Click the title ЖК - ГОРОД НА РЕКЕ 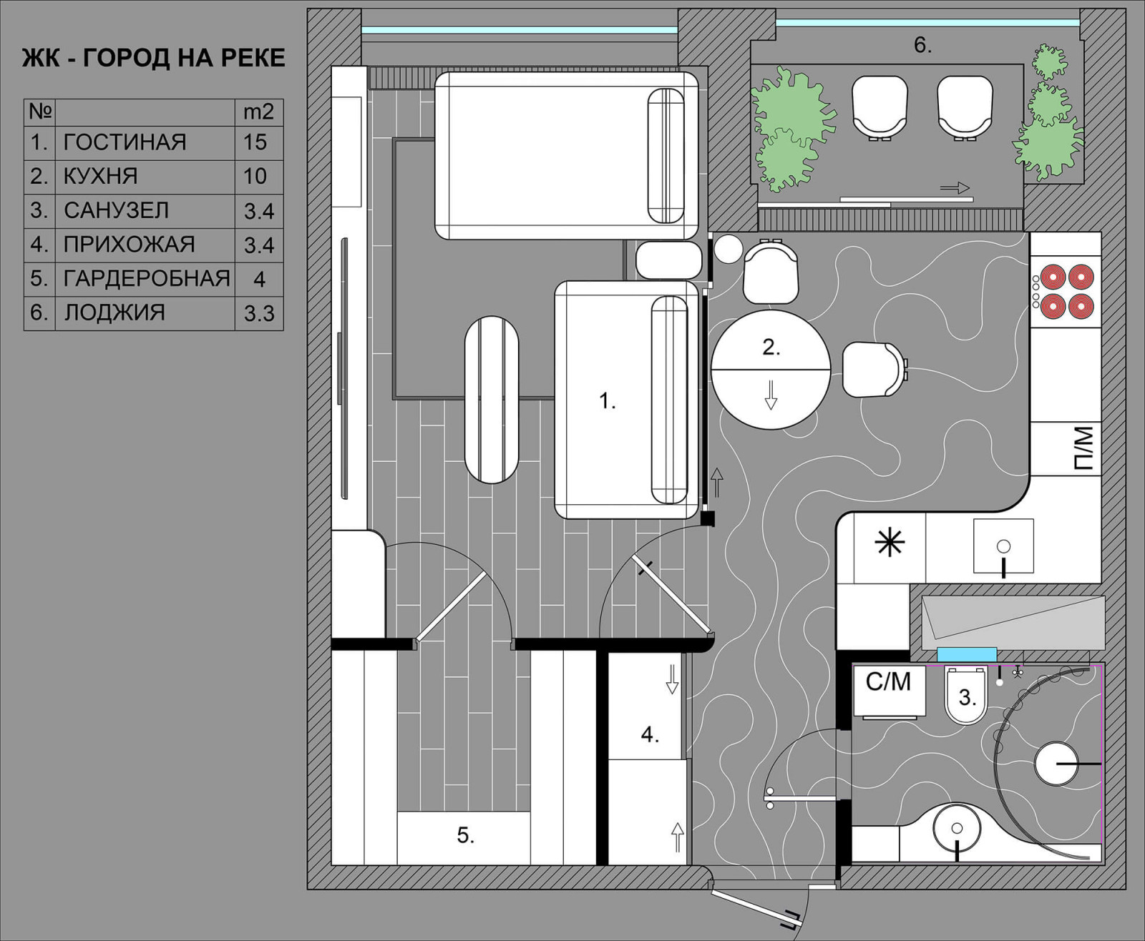pyautogui.click(x=154, y=58)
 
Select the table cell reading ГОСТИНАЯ pyautogui.click(x=125, y=142)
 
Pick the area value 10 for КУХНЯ pyautogui.click(x=255, y=177)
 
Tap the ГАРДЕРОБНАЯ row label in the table pyautogui.click(x=147, y=279)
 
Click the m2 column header pyautogui.click(x=258, y=112)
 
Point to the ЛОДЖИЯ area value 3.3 pyautogui.click(x=259, y=313)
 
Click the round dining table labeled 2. pyautogui.click(x=771, y=370)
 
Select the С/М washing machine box pyautogui.click(x=889, y=691)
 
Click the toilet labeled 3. pyautogui.click(x=966, y=696)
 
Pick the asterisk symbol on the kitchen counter pyautogui.click(x=890, y=543)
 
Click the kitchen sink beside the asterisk pyautogui.click(x=1003, y=546)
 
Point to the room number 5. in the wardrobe pyautogui.click(x=465, y=836)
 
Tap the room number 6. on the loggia pyautogui.click(x=922, y=46)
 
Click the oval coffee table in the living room pyautogui.click(x=492, y=400)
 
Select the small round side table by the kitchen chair pyautogui.click(x=728, y=249)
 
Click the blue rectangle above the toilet pyautogui.click(x=967, y=654)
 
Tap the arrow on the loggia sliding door pyautogui.click(x=955, y=188)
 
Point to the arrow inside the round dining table pyautogui.click(x=771, y=395)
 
